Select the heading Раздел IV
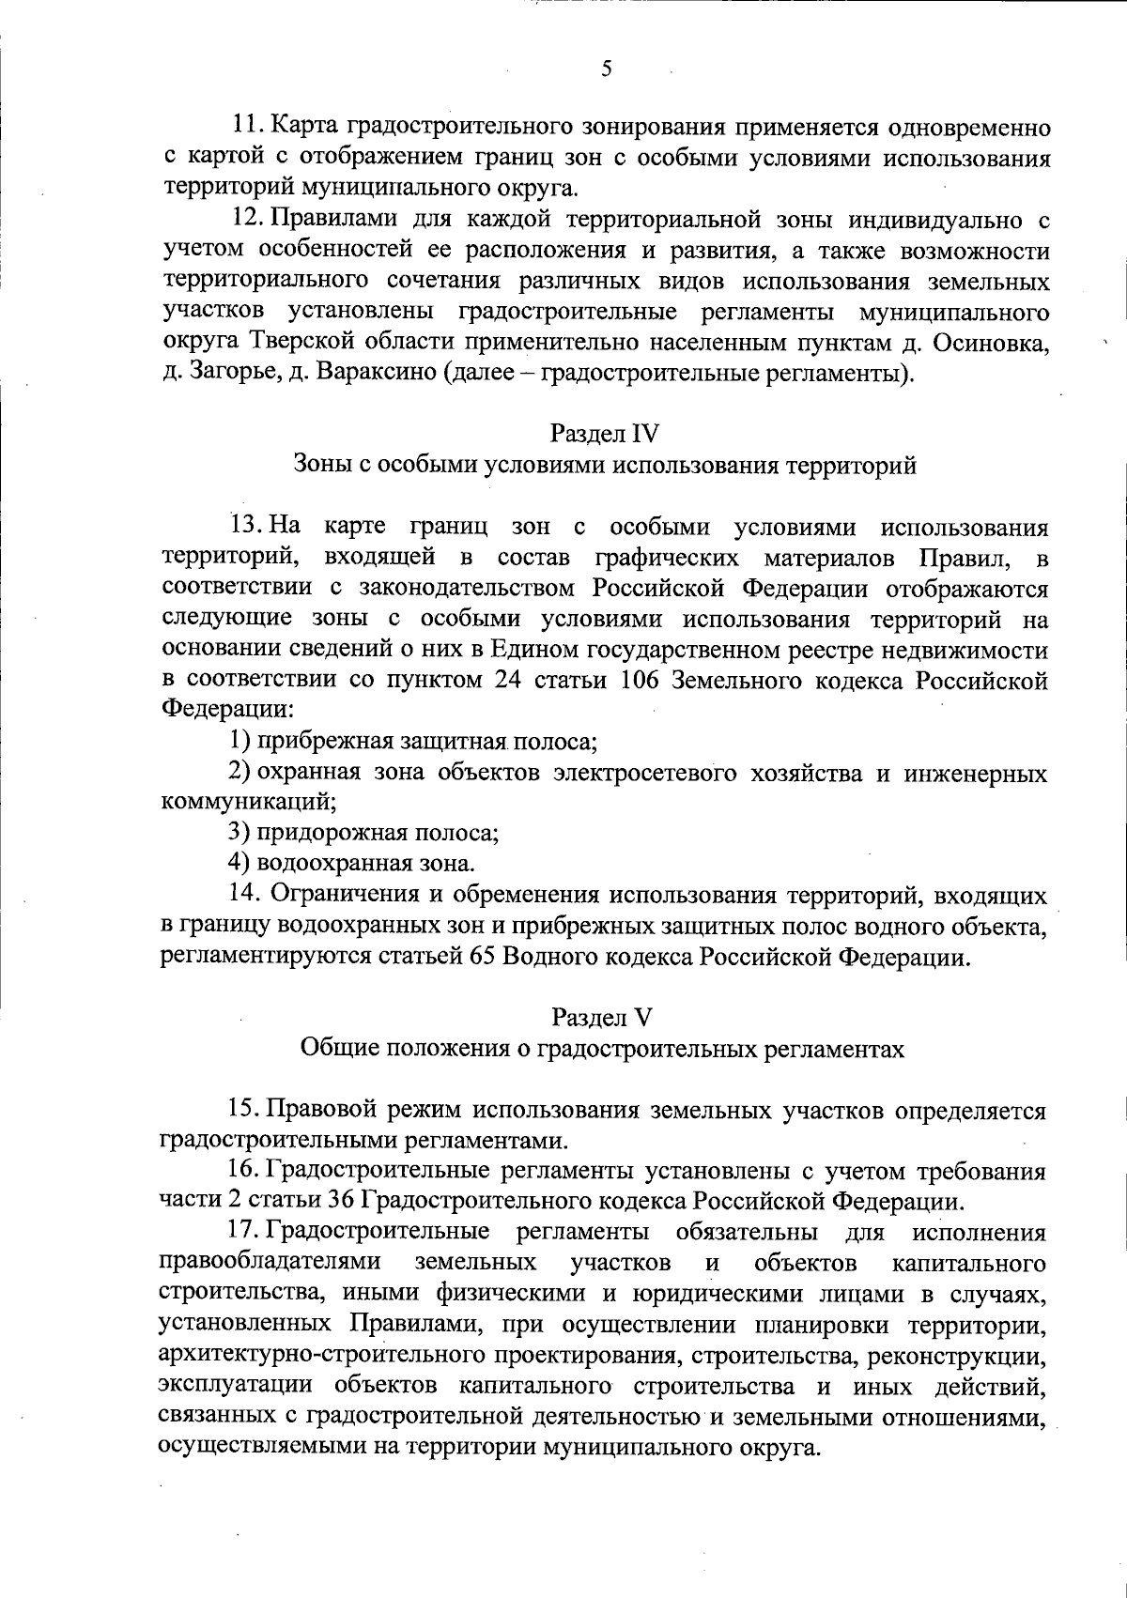click(605, 434)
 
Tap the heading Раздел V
click(602, 1018)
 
